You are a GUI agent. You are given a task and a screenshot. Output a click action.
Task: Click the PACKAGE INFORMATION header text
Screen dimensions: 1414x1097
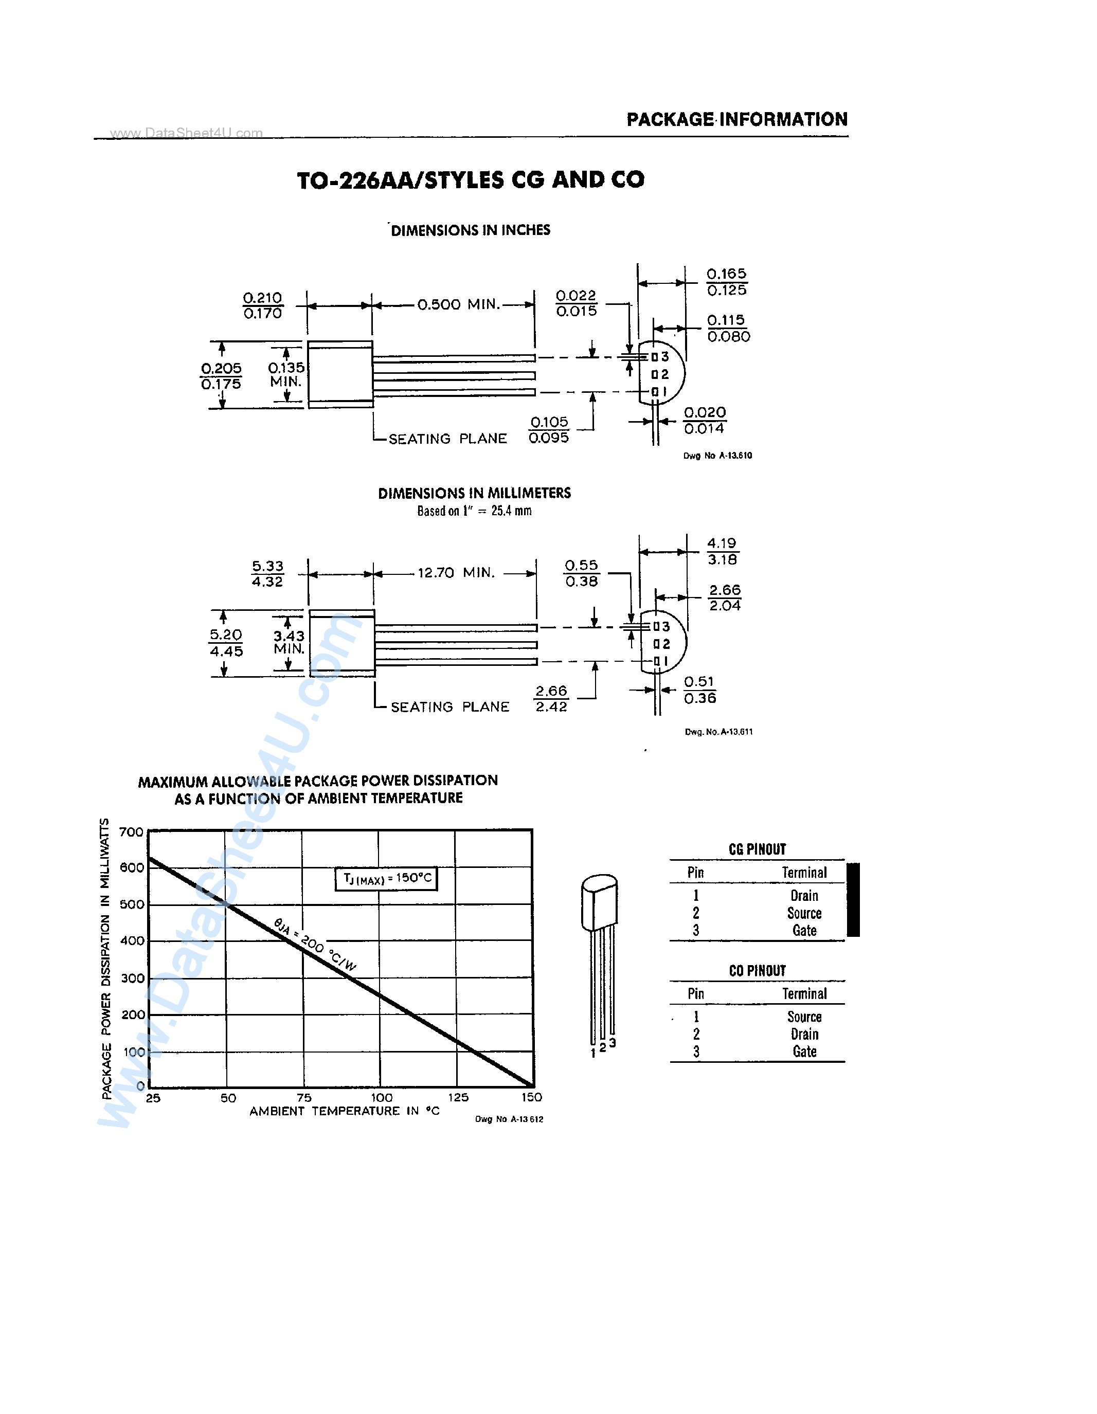point(737,120)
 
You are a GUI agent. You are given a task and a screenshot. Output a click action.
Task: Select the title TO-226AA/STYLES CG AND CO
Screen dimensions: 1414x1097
point(471,180)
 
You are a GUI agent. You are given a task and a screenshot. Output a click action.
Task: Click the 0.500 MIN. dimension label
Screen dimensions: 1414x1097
point(458,304)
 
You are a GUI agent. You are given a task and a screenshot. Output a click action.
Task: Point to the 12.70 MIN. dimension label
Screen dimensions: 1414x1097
point(456,573)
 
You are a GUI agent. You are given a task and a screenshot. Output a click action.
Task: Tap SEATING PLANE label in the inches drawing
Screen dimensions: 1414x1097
point(447,439)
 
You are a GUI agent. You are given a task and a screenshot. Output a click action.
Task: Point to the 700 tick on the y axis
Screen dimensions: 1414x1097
point(132,832)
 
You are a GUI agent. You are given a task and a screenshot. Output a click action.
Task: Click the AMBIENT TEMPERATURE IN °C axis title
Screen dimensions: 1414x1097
point(345,1111)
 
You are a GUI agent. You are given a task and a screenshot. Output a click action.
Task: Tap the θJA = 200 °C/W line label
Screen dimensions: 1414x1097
point(315,945)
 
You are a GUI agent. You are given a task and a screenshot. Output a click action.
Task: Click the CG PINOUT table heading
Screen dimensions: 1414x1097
point(757,849)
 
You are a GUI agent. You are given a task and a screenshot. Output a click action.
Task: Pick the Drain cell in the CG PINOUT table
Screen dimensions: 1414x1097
point(804,896)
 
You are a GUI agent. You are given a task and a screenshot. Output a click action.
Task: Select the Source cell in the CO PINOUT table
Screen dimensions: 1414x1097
point(804,1017)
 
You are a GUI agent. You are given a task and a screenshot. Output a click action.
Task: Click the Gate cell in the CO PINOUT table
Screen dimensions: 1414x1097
point(804,1052)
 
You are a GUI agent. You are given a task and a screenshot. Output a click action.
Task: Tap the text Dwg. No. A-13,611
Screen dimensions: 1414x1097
point(719,732)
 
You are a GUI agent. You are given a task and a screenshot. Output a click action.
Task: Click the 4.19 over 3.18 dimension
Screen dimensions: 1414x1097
point(722,552)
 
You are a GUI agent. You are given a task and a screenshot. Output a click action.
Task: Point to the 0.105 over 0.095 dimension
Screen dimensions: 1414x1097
point(549,430)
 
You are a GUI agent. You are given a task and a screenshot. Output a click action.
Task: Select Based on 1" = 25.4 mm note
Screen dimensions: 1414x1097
point(474,511)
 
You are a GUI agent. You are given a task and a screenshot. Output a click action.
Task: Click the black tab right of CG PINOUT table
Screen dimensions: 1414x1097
point(854,899)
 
